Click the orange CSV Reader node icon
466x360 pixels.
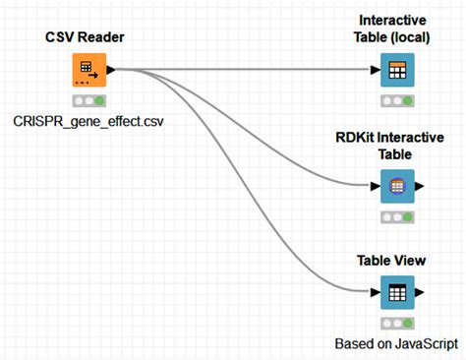(x=88, y=71)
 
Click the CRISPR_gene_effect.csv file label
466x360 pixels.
(x=89, y=121)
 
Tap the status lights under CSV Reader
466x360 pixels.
(x=88, y=100)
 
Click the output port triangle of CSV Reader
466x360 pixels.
(x=111, y=71)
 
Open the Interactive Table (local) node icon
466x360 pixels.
(x=397, y=71)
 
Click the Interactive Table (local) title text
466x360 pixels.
(x=398, y=29)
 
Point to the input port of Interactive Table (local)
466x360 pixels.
(x=375, y=71)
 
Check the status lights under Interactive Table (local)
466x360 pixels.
(x=397, y=100)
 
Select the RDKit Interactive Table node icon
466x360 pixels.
(x=397, y=184)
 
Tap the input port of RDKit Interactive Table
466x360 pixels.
(x=375, y=184)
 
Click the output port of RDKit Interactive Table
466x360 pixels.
(x=421, y=184)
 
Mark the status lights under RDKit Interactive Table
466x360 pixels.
(x=397, y=215)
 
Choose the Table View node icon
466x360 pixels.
(x=397, y=292)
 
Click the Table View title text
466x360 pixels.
(x=397, y=261)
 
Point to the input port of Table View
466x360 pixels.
(x=375, y=292)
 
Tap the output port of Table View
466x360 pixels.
(x=421, y=292)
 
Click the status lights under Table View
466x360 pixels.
(x=397, y=323)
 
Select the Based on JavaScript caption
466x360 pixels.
(x=397, y=343)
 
